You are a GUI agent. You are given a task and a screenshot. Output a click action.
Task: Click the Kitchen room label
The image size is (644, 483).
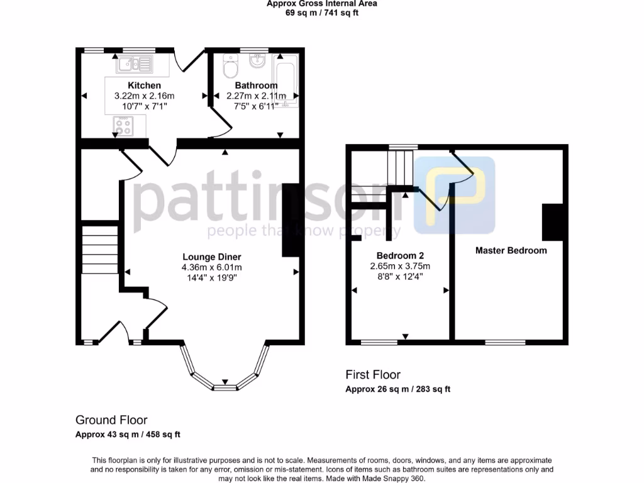[x=144, y=86]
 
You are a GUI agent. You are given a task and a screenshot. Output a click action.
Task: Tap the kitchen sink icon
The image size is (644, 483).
[x=134, y=63]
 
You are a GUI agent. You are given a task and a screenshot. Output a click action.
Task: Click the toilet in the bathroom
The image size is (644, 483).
[x=231, y=65]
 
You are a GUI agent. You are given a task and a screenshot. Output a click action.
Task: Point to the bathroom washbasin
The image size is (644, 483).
[x=257, y=61]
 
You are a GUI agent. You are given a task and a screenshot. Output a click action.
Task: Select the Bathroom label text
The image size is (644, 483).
[x=256, y=86]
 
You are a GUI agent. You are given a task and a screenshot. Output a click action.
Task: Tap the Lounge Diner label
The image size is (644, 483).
[x=212, y=257]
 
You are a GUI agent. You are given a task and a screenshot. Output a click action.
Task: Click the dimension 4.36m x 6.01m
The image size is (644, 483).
[x=212, y=267]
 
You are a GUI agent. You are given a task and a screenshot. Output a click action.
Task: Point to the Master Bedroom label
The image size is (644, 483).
[x=511, y=250]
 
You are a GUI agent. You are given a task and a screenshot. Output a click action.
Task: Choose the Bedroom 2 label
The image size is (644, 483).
[x=400, y=255]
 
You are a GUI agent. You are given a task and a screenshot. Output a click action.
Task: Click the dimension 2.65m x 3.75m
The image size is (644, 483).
[x=400, y=266]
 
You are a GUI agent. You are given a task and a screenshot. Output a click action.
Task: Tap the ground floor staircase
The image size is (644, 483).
[x=100, y=250]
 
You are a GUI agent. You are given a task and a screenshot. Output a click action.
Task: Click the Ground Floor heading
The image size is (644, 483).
[x=111, y=420]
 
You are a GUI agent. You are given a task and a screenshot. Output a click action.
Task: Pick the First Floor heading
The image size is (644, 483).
[x=373, y=375]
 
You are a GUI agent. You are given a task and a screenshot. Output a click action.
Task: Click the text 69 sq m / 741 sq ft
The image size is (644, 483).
[x=321, y=13]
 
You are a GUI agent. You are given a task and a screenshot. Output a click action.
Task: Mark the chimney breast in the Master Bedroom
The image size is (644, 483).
[x=552, y=222]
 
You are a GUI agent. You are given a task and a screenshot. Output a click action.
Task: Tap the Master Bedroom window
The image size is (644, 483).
[x=505, y=342]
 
